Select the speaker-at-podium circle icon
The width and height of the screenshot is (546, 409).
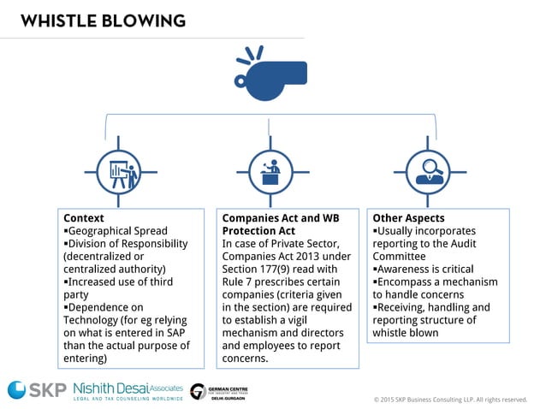click(x=270, y=174)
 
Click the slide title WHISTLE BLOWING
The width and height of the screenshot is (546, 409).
click(x=103, y=19)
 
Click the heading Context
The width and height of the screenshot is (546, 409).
click(x=84, y=218)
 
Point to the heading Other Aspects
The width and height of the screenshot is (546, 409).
click(x=408, y=218)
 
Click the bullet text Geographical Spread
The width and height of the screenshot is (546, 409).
click(x=118, y=231)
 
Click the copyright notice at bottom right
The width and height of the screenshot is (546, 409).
click(x=450, y=400)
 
